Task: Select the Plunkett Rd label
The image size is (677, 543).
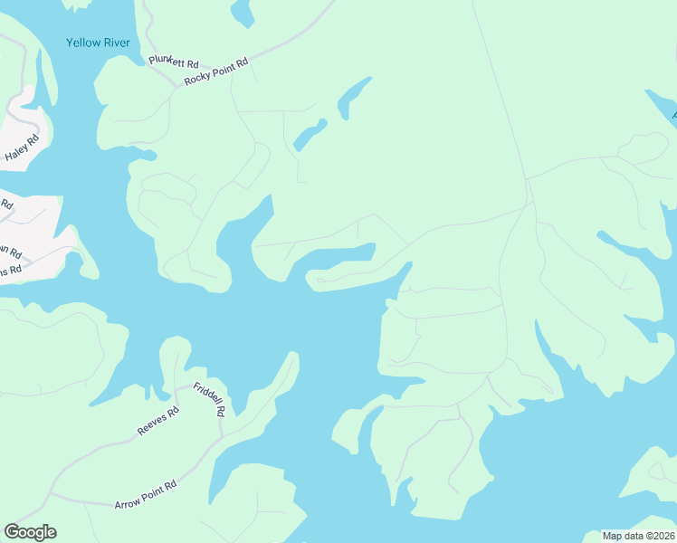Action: click(x=173, y=62)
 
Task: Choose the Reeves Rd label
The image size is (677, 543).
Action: click(x=157, y=422)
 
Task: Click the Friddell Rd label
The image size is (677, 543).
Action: click(x=207, y=398)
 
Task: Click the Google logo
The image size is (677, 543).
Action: click(x=30, y=532)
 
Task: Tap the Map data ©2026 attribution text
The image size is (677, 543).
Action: click(x=638, y=536)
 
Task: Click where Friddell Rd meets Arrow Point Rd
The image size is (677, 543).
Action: click(x=221, y=438)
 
